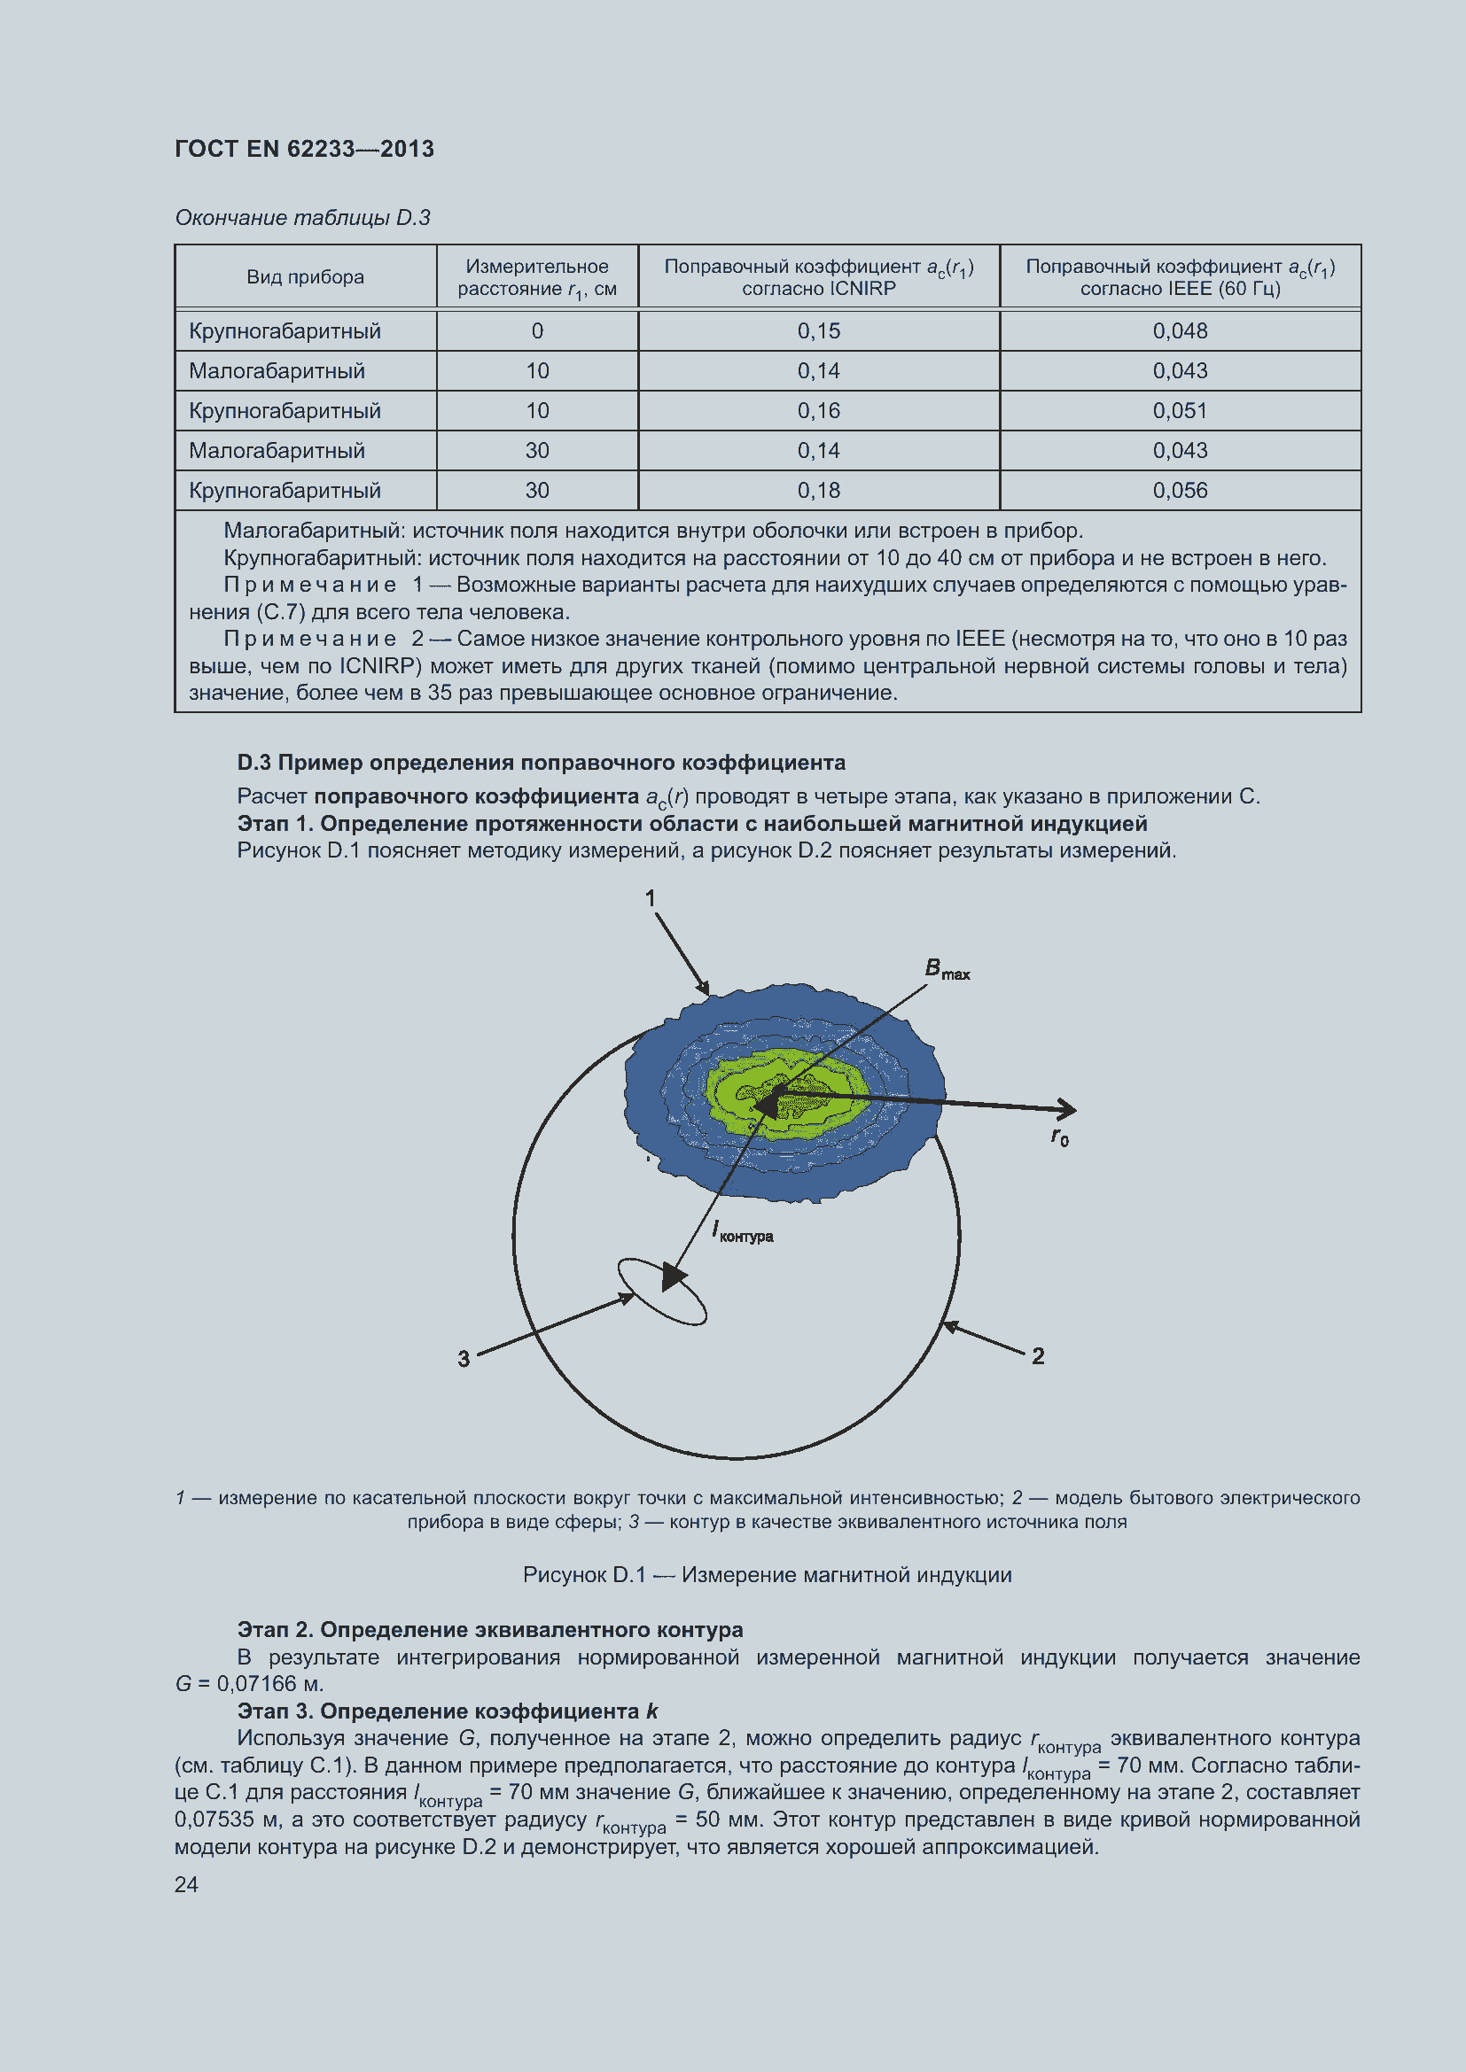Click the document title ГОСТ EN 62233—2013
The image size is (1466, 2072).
[304, 149]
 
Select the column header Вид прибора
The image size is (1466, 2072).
[305, 277]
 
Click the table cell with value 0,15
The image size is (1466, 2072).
[818, 331]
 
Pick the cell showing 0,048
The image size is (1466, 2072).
[1179, 331]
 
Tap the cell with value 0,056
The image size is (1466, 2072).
[1179, 490]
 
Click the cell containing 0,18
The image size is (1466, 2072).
[818, 490]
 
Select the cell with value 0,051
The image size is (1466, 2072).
[1179, 411]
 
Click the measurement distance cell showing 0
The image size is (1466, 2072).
[537, 331]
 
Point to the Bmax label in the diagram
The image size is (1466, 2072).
[946, 969]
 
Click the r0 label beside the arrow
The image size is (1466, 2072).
[1060, 1137]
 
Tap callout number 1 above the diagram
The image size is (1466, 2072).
[650, 898]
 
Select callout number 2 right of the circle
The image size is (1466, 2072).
[1038, 1355]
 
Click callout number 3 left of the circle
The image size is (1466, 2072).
[463, 1358]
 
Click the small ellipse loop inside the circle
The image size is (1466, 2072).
[662, 1292]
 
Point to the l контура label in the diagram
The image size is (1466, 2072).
[743, 1232]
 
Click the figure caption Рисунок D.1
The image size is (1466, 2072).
[767, 1575]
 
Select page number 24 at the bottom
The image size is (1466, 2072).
[186, 1884]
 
